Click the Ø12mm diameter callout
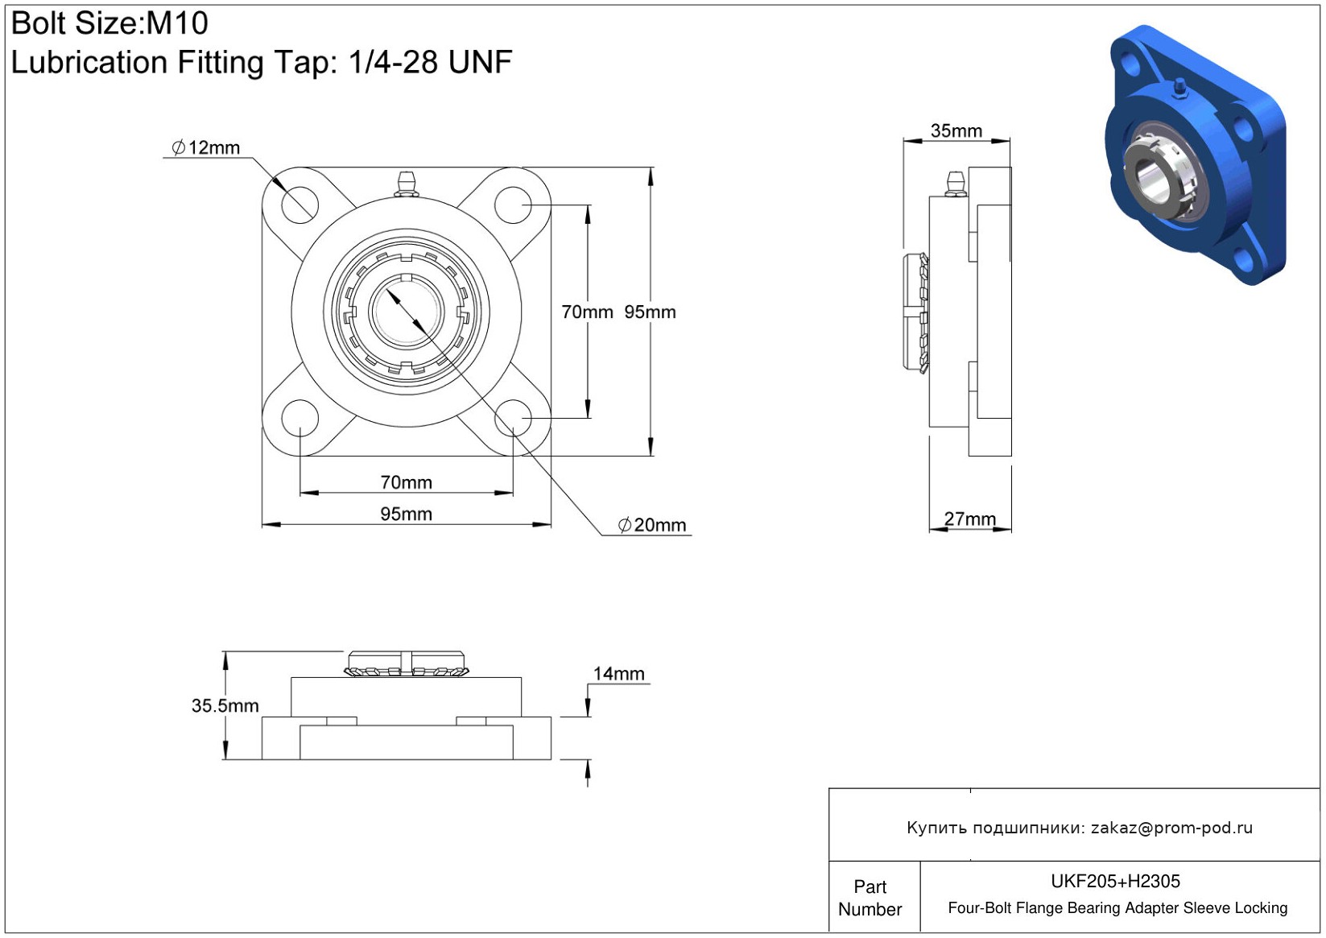point(205,147)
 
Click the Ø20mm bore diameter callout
point(652,525)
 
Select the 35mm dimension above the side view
point(956,131)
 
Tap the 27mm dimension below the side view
point(969,519)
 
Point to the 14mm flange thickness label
point(618,674)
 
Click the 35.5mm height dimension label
point(225,706)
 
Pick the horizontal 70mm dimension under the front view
point(406,482)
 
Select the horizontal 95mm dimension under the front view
point(406,514)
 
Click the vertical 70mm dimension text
point(587,312)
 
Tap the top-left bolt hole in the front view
point(300,205)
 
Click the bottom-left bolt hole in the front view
point(300,418)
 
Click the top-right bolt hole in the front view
point(513,205)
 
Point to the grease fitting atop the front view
point(407,184)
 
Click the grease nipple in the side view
point(956,184)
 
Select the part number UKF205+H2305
point(1115,882)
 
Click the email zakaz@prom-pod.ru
point(1171,828)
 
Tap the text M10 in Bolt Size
point(177,23)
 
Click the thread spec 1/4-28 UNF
point(431,62)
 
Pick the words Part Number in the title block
point(870,898)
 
